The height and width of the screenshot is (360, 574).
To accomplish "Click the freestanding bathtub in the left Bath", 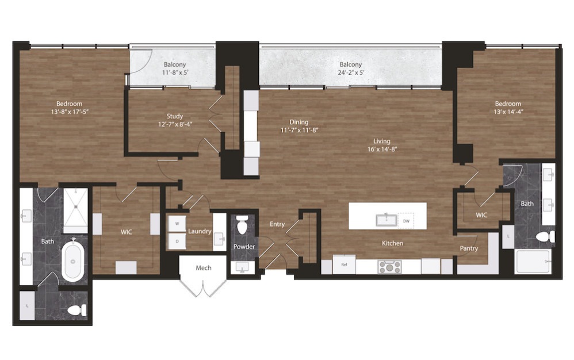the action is tap(73, 261).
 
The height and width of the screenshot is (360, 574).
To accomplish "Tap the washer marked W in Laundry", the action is tap(177, 224).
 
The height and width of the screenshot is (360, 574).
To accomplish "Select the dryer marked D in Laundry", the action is tap(177, 241).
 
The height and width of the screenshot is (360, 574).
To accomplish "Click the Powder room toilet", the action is tap(242, 225).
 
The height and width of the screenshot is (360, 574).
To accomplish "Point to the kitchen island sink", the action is tap(386, 220).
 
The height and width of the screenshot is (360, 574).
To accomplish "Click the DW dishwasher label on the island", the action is tap(406, 221).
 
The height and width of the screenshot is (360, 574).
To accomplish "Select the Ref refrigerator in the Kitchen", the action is tap(344, 265).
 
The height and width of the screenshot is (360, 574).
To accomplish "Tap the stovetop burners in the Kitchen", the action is tap(389, 267).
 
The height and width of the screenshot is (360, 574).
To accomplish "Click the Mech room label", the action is tap(204, 268).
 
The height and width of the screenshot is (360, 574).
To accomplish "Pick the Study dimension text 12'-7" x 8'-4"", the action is tap(175, 124).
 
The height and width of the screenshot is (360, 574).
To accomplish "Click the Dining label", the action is tap(299, 122).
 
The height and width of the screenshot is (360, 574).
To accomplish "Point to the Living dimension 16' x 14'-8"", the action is tap(382, 149).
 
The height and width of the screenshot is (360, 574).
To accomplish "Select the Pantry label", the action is tap(469, 248).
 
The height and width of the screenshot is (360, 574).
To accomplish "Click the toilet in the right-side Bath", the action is tap(545, 237).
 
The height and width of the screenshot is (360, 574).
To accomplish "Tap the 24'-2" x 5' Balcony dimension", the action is tap(351, 72).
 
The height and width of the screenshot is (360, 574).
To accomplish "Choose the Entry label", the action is tap(277, 224).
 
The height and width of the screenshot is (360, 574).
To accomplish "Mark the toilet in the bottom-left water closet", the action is tap(77, 311).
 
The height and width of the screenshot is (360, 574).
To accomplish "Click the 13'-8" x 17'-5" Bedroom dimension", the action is tap(70, 112).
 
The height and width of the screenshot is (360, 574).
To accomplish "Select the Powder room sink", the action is tap(242, 267).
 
